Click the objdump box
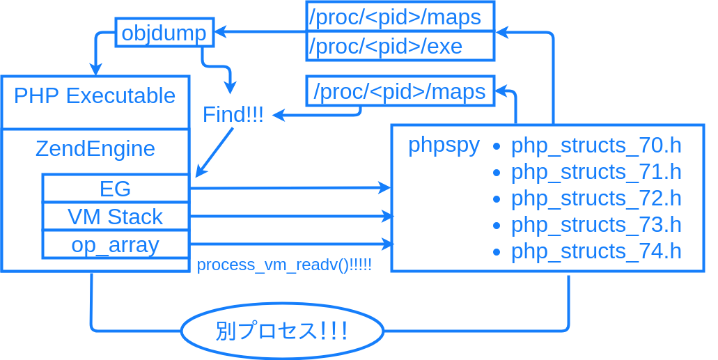(x=164, y=33)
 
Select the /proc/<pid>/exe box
(x=400, y=47)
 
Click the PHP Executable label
(x=95, y=95)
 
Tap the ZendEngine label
(x=95, y=149)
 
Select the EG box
(x=116, y=189)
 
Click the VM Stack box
(x=116, y=217)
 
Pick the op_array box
(x=116, y=244)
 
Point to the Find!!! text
(x=233, y=115)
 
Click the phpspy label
(x=444, y=145)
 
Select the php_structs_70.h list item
(x=595, y=146)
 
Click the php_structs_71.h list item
(x=595, y=172)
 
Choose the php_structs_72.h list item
(x=595, y=198)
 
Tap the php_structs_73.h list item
(x=595, y=225)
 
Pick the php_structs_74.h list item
(x=595, y=251)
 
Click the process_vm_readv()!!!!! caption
(x=284, y=265)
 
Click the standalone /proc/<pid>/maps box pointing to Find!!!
(x=400, y=91)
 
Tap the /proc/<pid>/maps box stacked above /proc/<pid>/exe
(x=400, y=17)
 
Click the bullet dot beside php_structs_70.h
(x=497, y=146)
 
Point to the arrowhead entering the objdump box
(x=220, y=31)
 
